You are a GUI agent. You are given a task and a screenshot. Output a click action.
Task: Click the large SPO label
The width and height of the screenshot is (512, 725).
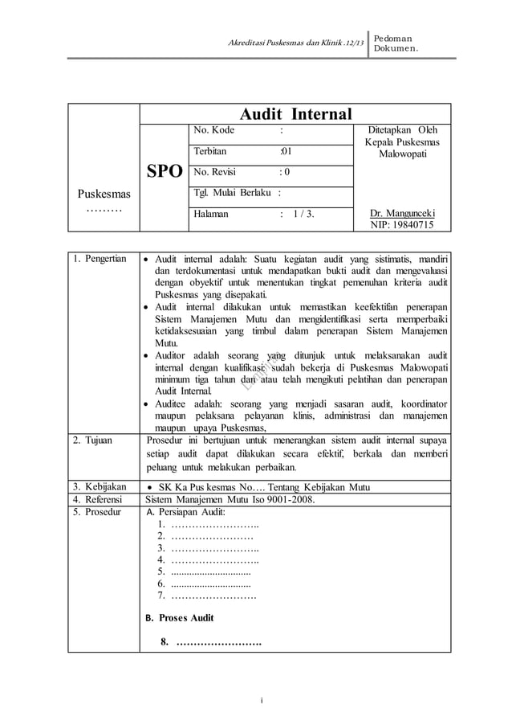pos(165,171)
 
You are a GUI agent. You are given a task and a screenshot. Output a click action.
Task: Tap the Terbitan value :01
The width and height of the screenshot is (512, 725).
pos(286,151)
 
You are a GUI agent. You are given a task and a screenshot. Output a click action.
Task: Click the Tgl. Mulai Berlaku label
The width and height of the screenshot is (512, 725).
pos(233,193)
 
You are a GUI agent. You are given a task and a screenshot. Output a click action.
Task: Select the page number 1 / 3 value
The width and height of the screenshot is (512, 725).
pos(304,214)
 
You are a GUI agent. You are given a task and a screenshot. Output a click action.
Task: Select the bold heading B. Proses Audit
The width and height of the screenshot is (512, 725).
pos(179,618)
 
